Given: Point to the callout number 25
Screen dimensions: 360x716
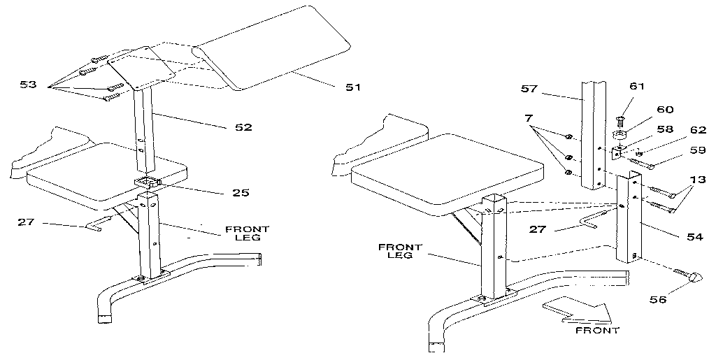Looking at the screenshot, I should point(241,192).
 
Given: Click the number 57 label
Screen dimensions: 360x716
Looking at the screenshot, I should point(530,89).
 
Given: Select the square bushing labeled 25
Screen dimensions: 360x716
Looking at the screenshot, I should point(148,184).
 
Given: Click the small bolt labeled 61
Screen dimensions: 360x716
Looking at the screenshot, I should point(620,122).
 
